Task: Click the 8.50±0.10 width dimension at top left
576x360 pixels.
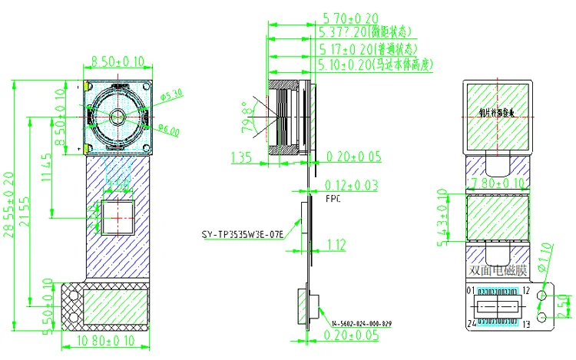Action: point(118,61)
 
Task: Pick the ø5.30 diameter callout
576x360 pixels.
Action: point(173,95)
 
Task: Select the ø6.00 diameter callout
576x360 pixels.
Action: point(169,130)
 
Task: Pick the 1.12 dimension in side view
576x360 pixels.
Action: point(336,245)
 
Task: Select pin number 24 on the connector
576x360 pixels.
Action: point(470,323)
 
